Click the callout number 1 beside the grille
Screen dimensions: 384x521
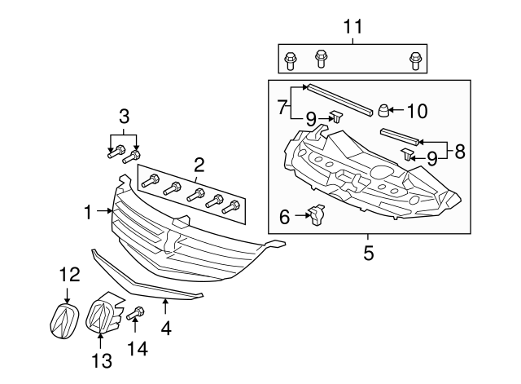point(89,212)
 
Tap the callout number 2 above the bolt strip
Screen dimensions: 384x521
point(198,166)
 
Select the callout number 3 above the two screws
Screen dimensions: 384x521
point(124,115)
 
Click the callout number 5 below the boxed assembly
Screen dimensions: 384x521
point(368,254)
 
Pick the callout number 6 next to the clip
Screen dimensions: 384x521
point(285,216)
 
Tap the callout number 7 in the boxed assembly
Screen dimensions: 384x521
point(281,106)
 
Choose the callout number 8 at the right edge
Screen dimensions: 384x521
point(460,151)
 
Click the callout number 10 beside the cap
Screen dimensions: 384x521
point(416,110)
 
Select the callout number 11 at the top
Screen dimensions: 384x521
point(352,26)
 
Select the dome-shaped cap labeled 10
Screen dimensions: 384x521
point(383,111)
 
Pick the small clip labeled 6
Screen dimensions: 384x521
point(317,215)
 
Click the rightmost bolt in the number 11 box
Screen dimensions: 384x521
point(415,59)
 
